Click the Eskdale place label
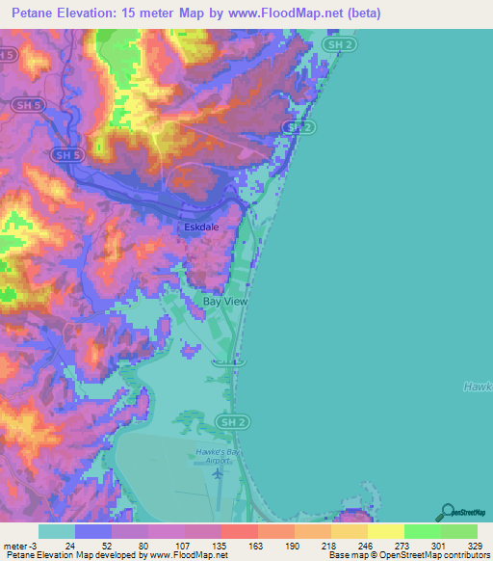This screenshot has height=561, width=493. coord(201,227)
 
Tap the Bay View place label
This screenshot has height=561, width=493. coord(225,302)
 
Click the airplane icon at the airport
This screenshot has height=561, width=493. coord(219,472)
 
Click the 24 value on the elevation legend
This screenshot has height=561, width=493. coord(69,546)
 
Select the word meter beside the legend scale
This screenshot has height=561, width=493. coord(15,546)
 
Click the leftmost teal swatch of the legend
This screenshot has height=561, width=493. coord(57,531)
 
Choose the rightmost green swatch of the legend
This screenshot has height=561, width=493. coord(459,531)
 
